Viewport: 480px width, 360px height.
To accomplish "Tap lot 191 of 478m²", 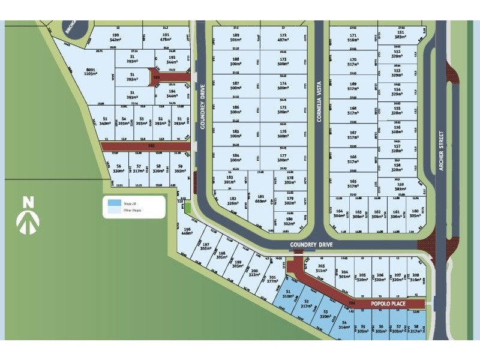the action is click(166, 37).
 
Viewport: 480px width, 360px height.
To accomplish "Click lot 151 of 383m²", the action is click(397, 35).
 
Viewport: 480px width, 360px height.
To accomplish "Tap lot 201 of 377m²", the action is click(272, 279).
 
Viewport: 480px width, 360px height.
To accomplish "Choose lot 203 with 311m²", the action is click(321, 268).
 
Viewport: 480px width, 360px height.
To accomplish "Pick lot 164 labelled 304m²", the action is click(340, 214).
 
